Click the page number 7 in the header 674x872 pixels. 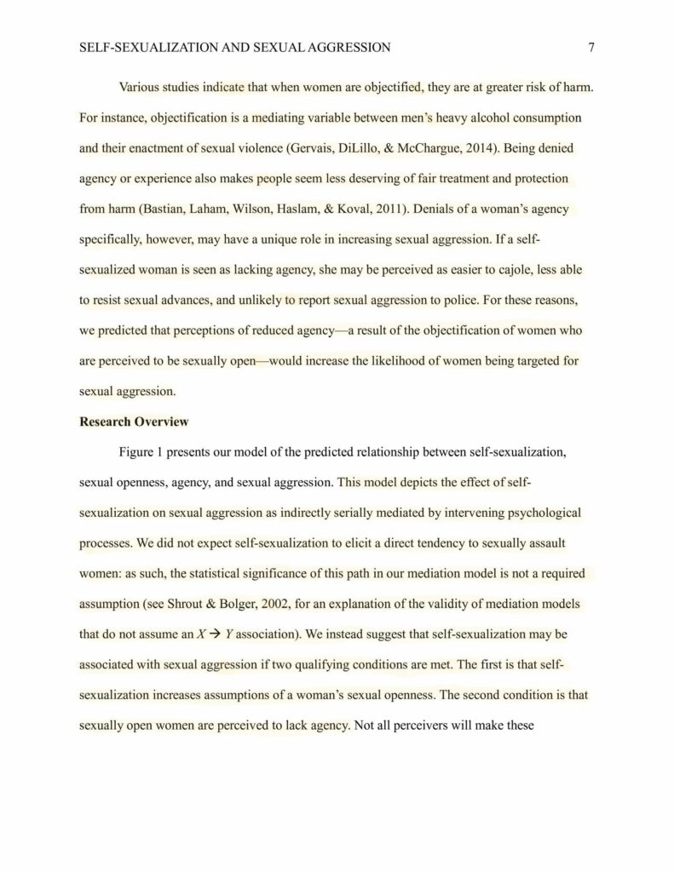pyautogui.click(x=590, y=48)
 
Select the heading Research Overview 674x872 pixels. pyautogui.click(x=134, y=422)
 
